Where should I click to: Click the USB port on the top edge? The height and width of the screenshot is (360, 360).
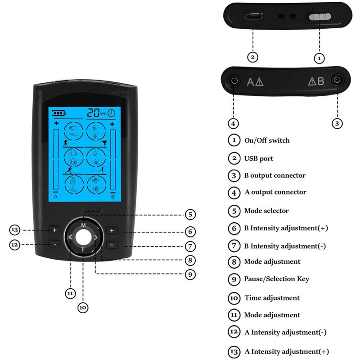tap(253, 17)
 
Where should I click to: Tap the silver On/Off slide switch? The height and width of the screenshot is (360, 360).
tap(320, 17)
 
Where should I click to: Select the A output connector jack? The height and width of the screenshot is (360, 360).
tap(234, 81)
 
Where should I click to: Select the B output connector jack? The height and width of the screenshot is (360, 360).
tap(337, 80)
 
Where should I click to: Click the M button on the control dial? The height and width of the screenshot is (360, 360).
tap(83, 225)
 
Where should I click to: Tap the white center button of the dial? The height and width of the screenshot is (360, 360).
tap(83, 238)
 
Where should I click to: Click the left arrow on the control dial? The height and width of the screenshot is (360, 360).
tap(71, 237)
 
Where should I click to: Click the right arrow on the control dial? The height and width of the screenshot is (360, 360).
tap(96, 238)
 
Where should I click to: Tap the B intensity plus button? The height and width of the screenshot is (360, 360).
tap(112, 230)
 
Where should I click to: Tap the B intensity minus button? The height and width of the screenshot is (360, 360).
tap(112, 245)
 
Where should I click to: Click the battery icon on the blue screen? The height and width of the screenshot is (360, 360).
tap(59, 113)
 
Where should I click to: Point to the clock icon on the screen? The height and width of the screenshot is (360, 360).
tap(111, 113)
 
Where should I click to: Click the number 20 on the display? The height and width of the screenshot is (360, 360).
tap(93, 113)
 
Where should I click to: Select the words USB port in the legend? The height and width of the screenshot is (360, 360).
tap(258, 158)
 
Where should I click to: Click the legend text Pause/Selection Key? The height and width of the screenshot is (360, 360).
tap(276, 279)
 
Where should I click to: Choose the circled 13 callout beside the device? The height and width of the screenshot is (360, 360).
tap(15, 230)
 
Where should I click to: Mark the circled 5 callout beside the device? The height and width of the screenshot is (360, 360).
tap(190, 215)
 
